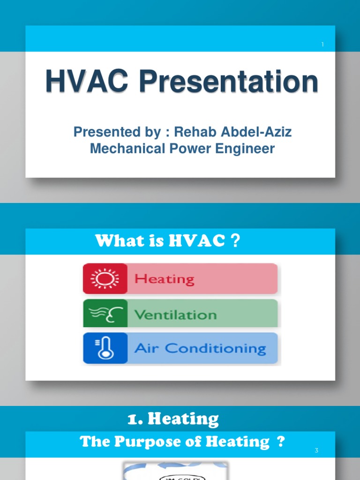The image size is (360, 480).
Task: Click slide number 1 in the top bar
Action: coord(322,45)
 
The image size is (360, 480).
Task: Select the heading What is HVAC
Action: coord(160,241)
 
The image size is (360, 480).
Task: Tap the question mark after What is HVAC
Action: coord(236,241)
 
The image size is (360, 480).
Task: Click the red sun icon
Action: coord(105,279)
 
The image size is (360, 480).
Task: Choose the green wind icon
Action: coord(105,314)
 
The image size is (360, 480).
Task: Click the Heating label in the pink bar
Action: coord(164,279)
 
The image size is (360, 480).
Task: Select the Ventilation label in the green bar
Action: coord(175,314)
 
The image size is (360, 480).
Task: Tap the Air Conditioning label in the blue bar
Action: coord(200,349)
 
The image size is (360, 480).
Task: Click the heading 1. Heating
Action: coord(173,419)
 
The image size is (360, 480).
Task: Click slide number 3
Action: coord(316,451)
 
